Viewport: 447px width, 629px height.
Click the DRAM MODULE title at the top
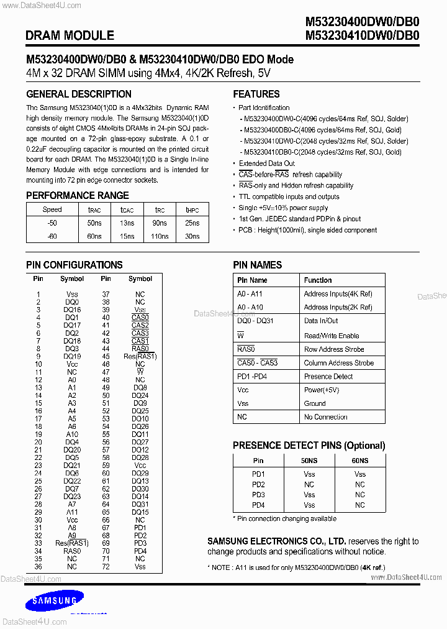tap(70, 35)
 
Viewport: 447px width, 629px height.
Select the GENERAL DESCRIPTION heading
tap(79, 94)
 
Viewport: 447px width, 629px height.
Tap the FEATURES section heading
tap(256, 94)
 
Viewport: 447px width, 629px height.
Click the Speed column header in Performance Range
tap(52, 210)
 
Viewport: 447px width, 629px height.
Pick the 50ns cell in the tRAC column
tap(94, 223)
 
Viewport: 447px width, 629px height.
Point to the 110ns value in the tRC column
tap(160, 236)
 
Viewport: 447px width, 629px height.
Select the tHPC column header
tap(192, 210)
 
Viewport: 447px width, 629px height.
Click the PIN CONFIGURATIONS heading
tap(74, 265)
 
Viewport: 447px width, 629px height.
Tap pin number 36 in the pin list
tap(38, 566)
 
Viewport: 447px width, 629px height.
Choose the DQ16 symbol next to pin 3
tap(72, 310)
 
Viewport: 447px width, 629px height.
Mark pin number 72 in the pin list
tap(106, 566)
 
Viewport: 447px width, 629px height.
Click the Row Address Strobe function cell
tap(334, 349)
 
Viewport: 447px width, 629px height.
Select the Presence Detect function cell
tap(328, 376)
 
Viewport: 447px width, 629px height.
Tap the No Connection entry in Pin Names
tap(325, 417)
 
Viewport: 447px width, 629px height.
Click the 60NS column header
tap(359, 461)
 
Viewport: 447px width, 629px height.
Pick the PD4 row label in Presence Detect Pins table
tap(258, 505)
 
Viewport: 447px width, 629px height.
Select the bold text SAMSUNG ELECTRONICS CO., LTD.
tap(276, 541)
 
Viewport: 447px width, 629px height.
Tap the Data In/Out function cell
tap(321, 321)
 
